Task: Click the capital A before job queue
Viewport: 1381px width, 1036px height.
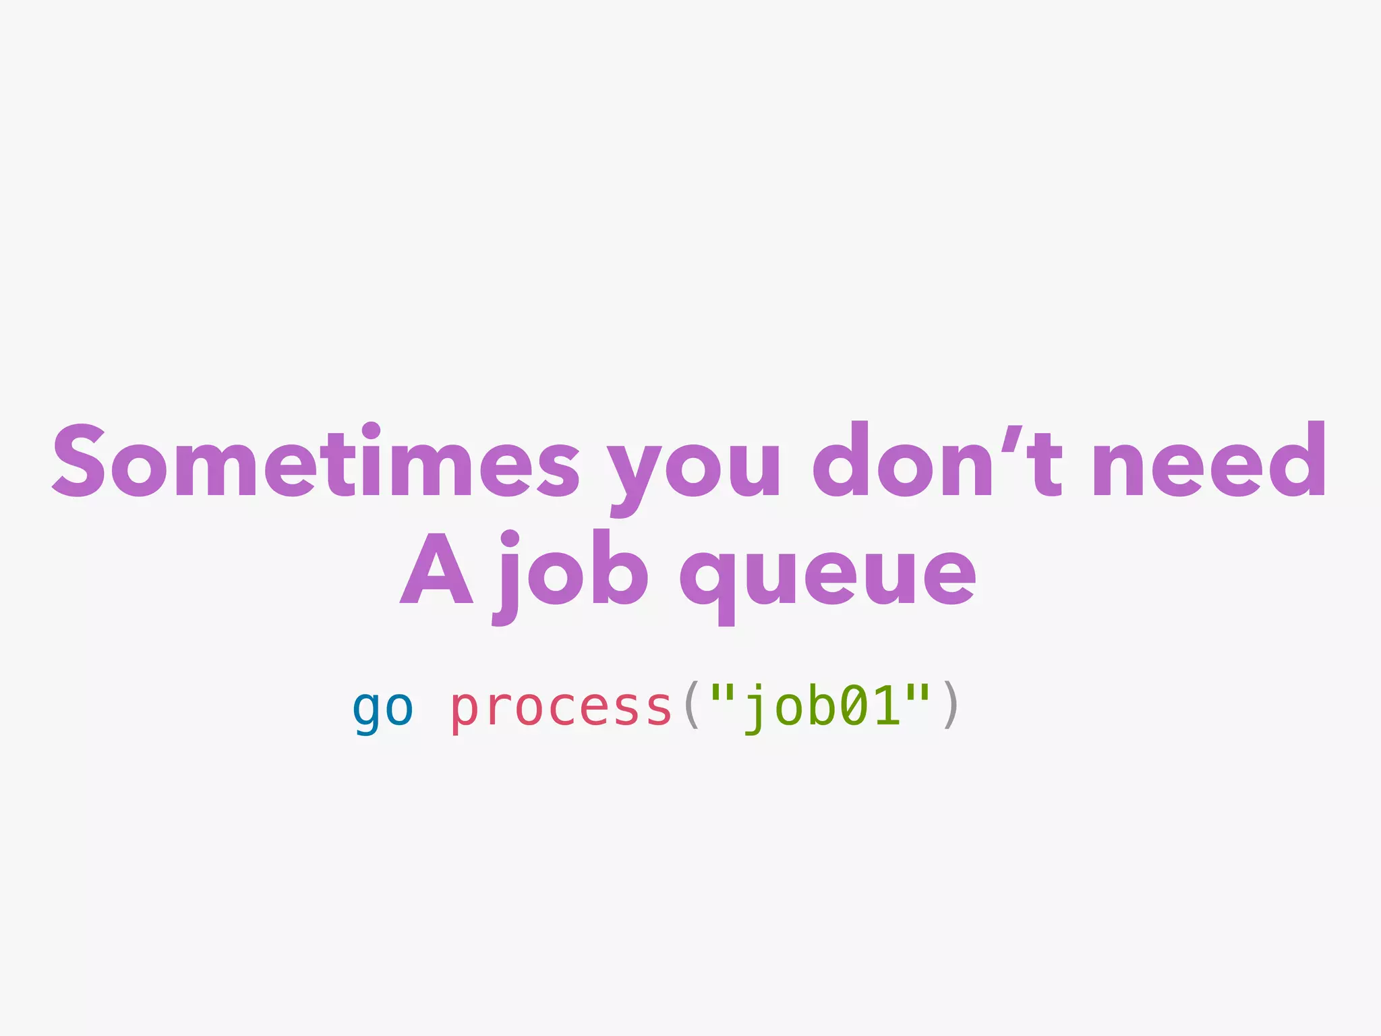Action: pos(436,570)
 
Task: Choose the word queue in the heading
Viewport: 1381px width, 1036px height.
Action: pos(827,577)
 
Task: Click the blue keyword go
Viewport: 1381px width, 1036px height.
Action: pos(382,708)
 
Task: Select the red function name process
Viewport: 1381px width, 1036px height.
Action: pos(561,708)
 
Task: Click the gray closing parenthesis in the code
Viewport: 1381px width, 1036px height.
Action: pos(949,706)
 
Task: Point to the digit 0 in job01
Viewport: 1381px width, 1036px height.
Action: pos(852,706)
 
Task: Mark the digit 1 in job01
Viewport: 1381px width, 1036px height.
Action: pos(885,706)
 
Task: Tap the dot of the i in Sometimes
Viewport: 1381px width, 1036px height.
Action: pos(371,430)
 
